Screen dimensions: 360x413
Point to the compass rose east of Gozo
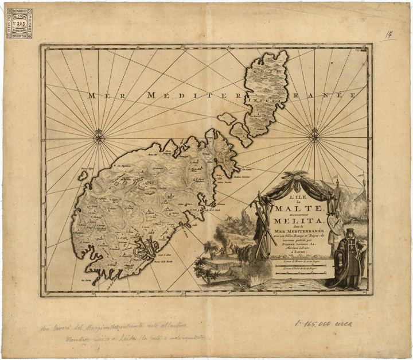315,137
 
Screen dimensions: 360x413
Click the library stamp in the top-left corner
20,23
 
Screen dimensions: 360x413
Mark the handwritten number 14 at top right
389,36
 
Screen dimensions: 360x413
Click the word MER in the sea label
99,96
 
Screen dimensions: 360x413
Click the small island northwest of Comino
227,119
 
